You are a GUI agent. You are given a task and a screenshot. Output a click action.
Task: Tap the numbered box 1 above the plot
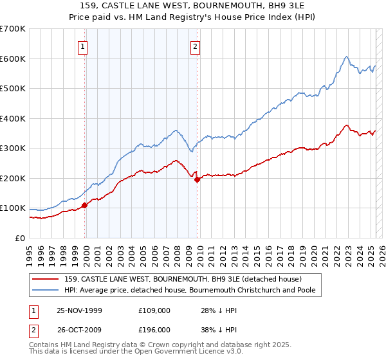(84, 46)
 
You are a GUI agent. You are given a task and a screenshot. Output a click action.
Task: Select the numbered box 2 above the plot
(195, 46)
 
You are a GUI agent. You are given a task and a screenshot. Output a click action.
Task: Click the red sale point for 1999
(84, 206)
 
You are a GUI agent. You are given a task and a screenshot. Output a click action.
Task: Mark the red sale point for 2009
(197, 179)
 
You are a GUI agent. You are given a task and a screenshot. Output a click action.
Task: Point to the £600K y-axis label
(13, 59)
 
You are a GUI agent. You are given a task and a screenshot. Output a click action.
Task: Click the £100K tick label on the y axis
(13, 208)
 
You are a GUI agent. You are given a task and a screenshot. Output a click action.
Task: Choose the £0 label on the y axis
(19, 238)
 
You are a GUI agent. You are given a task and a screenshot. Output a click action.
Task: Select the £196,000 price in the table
(154, 329)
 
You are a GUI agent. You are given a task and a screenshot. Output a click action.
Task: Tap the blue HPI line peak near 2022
(346, 57)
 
